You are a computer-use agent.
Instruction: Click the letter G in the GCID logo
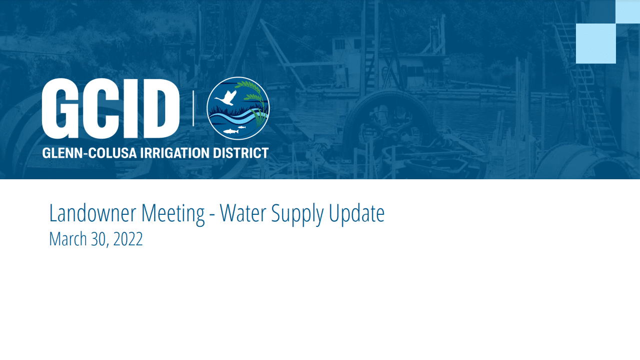60,109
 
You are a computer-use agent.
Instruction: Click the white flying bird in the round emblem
226,98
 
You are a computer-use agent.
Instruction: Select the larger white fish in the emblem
230,132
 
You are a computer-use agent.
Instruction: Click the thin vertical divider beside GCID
194,108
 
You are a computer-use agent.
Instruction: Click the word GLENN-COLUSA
90,153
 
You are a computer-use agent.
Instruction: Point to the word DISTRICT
241,153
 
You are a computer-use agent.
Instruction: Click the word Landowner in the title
93,213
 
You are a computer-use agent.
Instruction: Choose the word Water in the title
243,213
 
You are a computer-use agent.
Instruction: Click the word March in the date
68,239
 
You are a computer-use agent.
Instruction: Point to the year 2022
128,239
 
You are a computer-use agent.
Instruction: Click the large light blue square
595,44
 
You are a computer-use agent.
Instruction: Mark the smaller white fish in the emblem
242,127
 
